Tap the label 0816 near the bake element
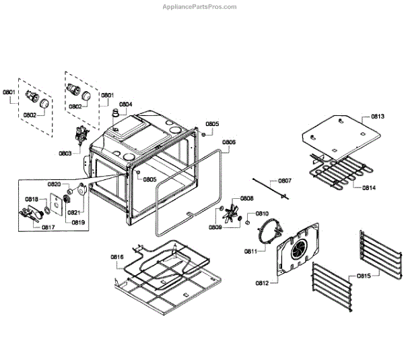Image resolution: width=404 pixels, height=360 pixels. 117,257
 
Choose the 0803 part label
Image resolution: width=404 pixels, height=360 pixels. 65,153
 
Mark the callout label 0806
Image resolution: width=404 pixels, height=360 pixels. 229,142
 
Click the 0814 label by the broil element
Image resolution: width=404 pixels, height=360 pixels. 369,187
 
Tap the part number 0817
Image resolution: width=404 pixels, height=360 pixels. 48,227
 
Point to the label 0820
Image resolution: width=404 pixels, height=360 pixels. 54,184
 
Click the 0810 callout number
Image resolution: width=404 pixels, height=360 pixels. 262,213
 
